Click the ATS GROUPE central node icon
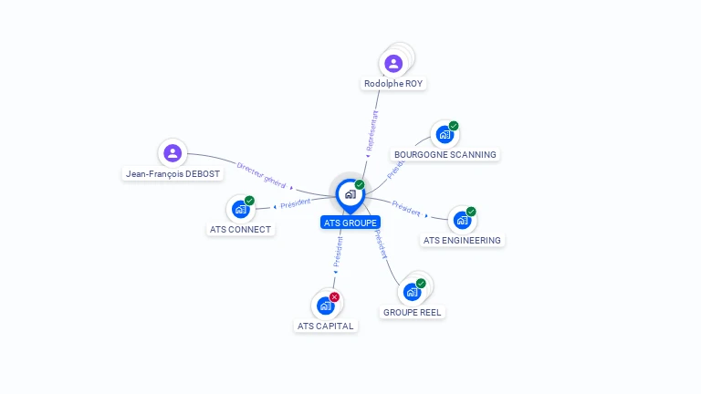click(350, 194)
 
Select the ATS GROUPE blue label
click(350, 223)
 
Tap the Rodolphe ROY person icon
click(393, 63)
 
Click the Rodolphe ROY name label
click(394, 84)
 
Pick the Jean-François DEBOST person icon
click(173, 153)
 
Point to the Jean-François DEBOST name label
click(173, 174)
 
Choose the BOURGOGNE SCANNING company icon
click(445, 135)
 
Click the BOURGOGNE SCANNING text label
click(445, 155)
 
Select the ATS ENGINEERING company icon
click(462, 220)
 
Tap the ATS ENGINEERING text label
click(462, 241)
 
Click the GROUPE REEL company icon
click(413, 292)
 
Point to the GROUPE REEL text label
click(413, 312)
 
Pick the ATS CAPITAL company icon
click(326, 306)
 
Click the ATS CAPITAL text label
click(326, 326)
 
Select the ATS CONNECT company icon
click(240, 209)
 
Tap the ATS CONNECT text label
click(240, 230)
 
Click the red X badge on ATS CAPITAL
click(335, 296)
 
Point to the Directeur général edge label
click(262, 175)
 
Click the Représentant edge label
click(371, 130)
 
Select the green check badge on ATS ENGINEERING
click(471, 212)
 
